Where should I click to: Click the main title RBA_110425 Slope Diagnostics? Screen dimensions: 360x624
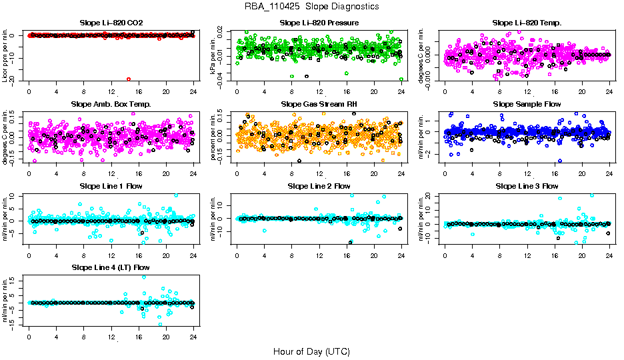[x=312, y=7]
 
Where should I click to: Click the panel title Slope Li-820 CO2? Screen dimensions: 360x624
[x=111, y=23]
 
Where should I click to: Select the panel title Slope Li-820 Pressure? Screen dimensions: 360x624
[x=319, y=23]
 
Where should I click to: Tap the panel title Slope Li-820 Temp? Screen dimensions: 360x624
[x=527, y=23]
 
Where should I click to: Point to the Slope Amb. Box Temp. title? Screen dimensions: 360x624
[x=111, y=105]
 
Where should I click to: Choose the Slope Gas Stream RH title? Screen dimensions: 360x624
[x=319, y=105]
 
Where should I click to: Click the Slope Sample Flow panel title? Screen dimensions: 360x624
[x=527, y=105]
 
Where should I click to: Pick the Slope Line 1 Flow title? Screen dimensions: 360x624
[x=111, y=186]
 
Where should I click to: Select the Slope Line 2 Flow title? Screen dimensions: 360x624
[x=319, y=186]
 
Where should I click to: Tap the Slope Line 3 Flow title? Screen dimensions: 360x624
[x=527, y=186]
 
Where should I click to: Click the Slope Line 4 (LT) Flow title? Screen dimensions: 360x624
[x=111, y=267]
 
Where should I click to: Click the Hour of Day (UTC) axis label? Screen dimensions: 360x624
[x=311, y=351]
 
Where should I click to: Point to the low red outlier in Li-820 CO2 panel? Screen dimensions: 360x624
[x=129, y=79]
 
